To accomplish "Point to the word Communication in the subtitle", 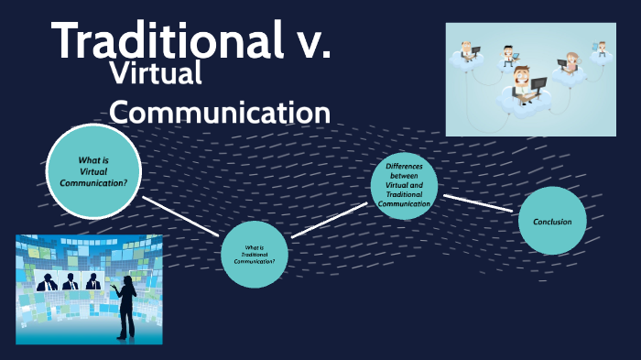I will click(220, 113).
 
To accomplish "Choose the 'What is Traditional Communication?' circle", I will click(255, 254).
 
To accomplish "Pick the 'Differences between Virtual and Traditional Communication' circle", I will click(404, 185).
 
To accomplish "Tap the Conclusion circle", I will click(552, 221).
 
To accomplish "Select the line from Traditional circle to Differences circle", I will click(329, 220).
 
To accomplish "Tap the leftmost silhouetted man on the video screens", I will click(44, 282).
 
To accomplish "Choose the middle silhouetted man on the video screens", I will click(69, 282).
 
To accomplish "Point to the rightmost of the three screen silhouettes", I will click(92, 282).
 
